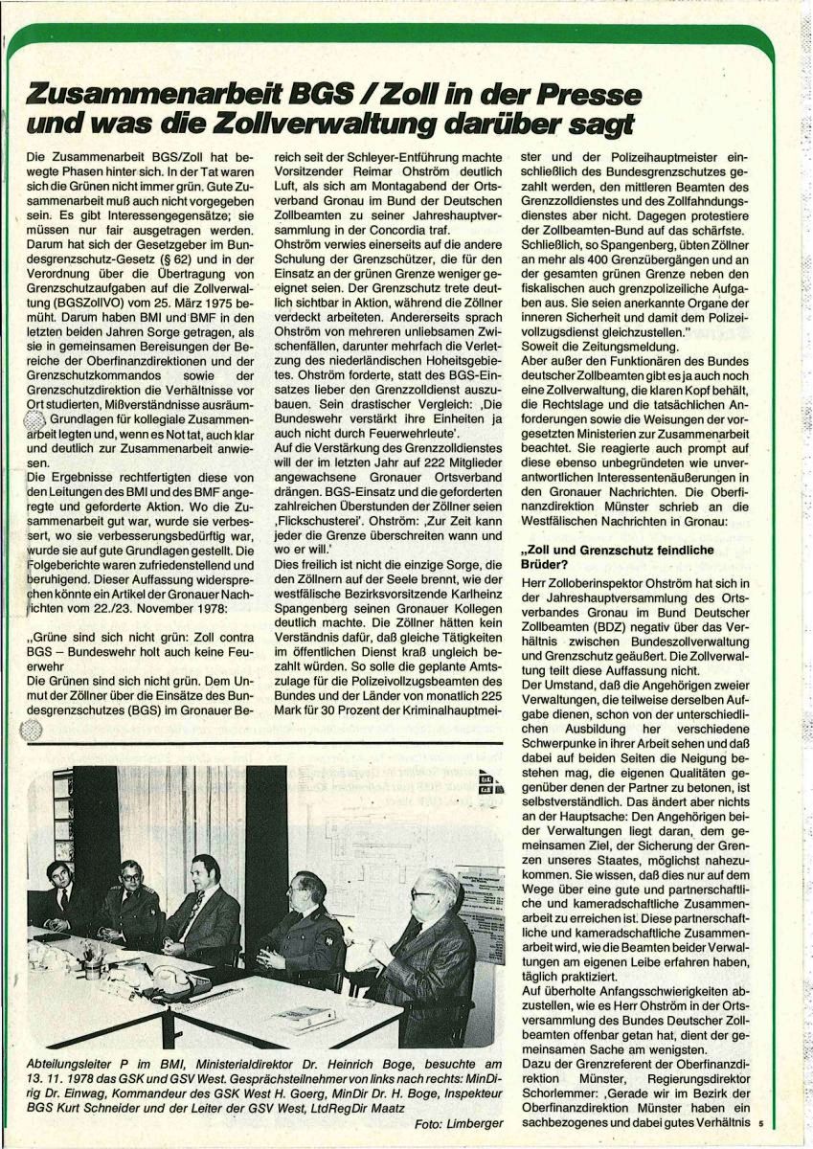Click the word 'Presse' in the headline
pyautogui.click(x=552, y=92)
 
